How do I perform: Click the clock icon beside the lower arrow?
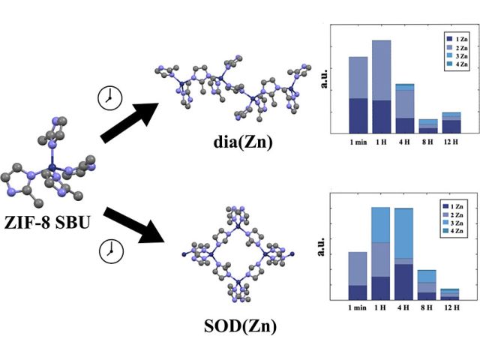(110, 250)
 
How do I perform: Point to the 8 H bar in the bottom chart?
(427, 285)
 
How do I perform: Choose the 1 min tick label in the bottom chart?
(358, 308)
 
